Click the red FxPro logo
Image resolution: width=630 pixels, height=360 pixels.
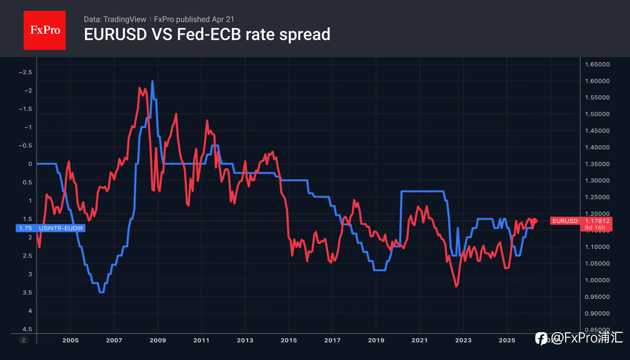(x=44, y=30)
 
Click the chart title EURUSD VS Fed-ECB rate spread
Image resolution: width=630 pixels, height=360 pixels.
(x=207, y=34)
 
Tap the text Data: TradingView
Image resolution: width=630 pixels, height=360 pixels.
(x=115, y=19)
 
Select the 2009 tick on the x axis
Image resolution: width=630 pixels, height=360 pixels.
(x=158, y=340)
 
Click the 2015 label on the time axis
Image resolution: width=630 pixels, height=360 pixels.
(x=288, y=340)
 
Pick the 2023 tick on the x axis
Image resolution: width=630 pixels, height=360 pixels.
(x=463, y=340)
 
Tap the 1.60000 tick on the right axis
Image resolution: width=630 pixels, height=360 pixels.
(x=597, y=81)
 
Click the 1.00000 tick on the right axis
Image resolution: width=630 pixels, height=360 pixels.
(x=597, y=280)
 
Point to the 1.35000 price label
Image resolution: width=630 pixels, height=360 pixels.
(x=597, y=164)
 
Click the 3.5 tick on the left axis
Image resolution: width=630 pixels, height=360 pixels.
(x=27, y=292)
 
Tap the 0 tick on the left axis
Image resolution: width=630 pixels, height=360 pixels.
(x=30, y=164)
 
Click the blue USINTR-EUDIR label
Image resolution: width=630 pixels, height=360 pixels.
(x=61, y=228)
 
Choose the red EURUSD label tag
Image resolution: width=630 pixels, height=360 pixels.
(x=565, y=221)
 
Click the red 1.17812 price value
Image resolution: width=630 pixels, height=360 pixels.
(x=597, y=221)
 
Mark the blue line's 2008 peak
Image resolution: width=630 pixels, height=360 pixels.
(x=152, y=81)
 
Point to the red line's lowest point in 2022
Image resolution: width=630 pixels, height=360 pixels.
(x=456, y=286)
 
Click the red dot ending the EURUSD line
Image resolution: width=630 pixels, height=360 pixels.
(x=534, y=221)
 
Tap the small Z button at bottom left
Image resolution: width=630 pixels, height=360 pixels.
(x=23, y=340)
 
